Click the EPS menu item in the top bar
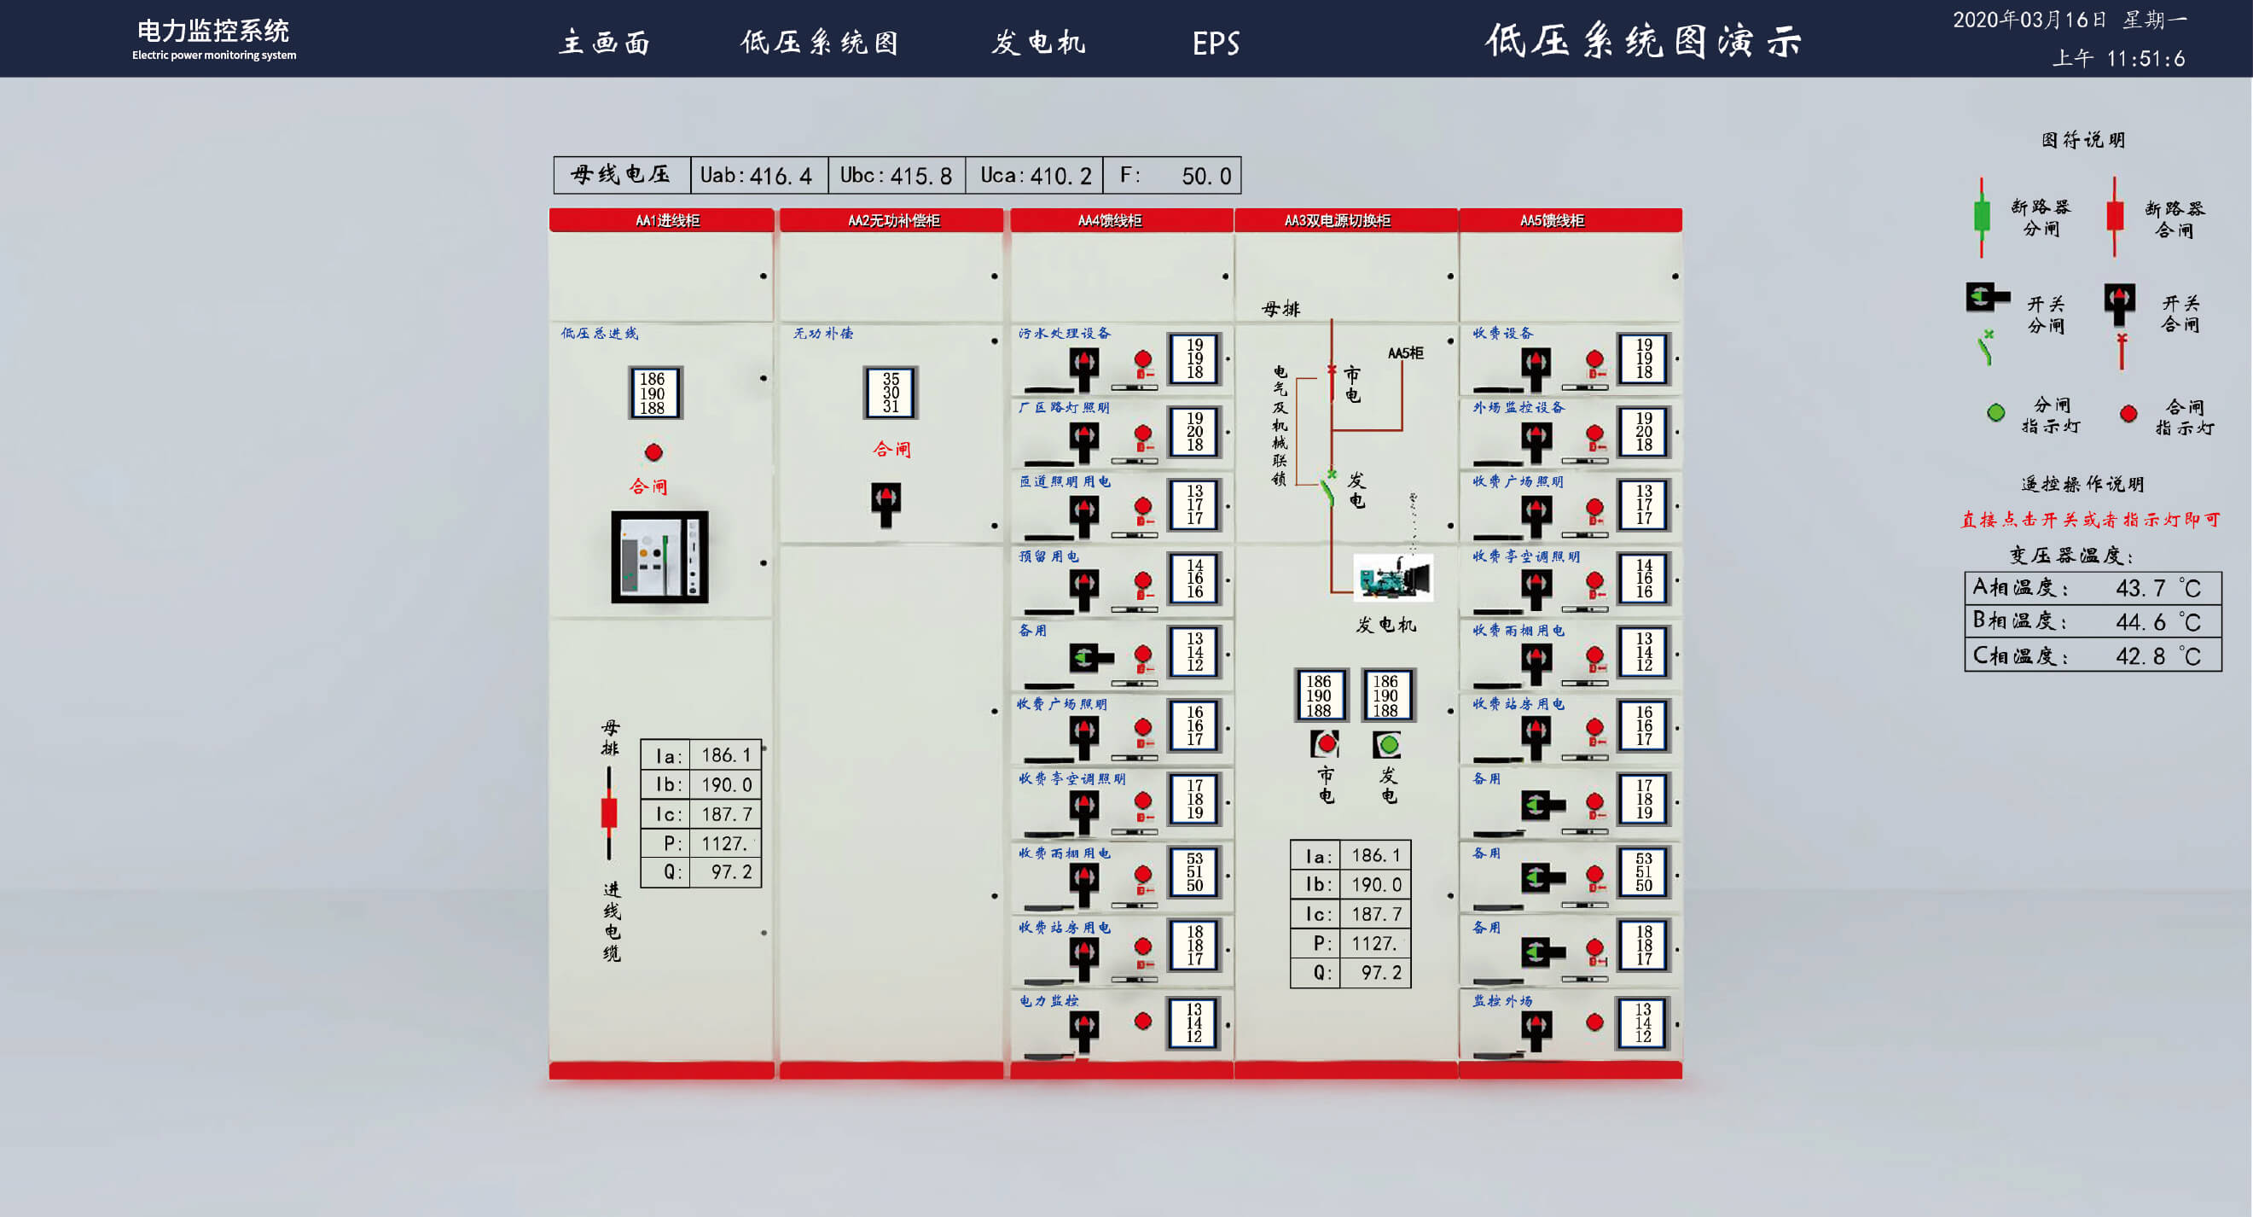pyautogui.click(x=1216, y=43)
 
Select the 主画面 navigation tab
pyautogui.click(x=604, y=42)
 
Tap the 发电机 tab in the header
pyautogui.click(x=1038, y=42)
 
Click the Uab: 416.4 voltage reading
pyautogui.click(x=757, y=176)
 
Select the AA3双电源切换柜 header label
pyautogui.click(x=1337, y=220)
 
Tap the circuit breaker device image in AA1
pyautogui.click(x=659, y=557)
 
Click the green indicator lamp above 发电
pyautogui.click(x=1388, y=744)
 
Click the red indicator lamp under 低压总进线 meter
pyautogui.click(x=653, y=452)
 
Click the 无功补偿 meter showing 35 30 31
pyautogui.click(x=891, y=393)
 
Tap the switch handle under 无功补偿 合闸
pyautogui.click(x=886, y=502)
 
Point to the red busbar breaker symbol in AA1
pyautogui.click(x=609, y=812)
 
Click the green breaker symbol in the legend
pyautogui.click(x=1982, y=216)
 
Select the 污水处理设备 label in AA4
pyautogui.click(x=1065, y=334)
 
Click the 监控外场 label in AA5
pyautogui.click(x=1501, y=1001)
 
